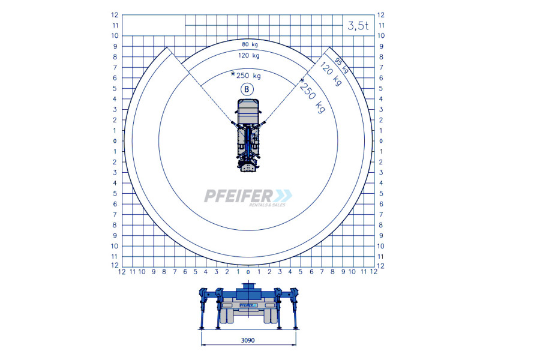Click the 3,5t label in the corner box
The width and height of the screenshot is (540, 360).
(x=358, y=25)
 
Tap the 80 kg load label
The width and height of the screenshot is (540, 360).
(x=250, y=44)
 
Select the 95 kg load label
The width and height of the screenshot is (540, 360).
(x=342, y=65)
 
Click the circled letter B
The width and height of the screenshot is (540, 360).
(x=247, y=89)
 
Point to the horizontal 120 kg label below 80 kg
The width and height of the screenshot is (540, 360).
(x=249, y=55)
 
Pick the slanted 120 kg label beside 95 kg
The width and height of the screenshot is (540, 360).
(x=331, y=74)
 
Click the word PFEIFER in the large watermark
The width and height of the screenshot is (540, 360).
(x=238, y=196)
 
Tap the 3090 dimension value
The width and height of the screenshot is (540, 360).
(x=248, y=340)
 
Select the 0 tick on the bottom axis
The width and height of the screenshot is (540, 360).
(x=248, y=272)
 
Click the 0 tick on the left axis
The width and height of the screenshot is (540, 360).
(x=115, y=141)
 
